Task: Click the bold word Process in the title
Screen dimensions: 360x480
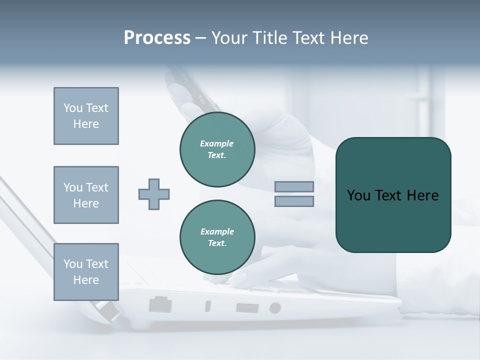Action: (157, 38)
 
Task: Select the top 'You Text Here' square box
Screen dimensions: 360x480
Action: (86, 116)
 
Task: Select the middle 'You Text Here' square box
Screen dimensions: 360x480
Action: (86, 195)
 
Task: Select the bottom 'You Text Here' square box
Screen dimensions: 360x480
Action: (86, 272)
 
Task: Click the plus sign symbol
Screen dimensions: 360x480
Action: (154, 194)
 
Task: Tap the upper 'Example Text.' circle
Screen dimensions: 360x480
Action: (217, 149)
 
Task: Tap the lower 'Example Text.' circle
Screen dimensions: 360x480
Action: (217, 237)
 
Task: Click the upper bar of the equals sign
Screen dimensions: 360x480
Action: (294, 186)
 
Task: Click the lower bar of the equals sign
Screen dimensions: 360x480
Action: (294, 201)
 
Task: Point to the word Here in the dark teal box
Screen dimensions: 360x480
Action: (422, 195)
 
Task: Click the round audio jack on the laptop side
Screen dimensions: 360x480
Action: (275, 308)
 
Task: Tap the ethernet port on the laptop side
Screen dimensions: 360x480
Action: (160, 304)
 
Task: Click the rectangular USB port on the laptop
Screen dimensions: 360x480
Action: (247, 307)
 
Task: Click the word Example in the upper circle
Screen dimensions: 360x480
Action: (217, 143)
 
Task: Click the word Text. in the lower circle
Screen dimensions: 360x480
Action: (217, 243)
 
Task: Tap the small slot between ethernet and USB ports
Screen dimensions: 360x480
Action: (208, 306)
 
